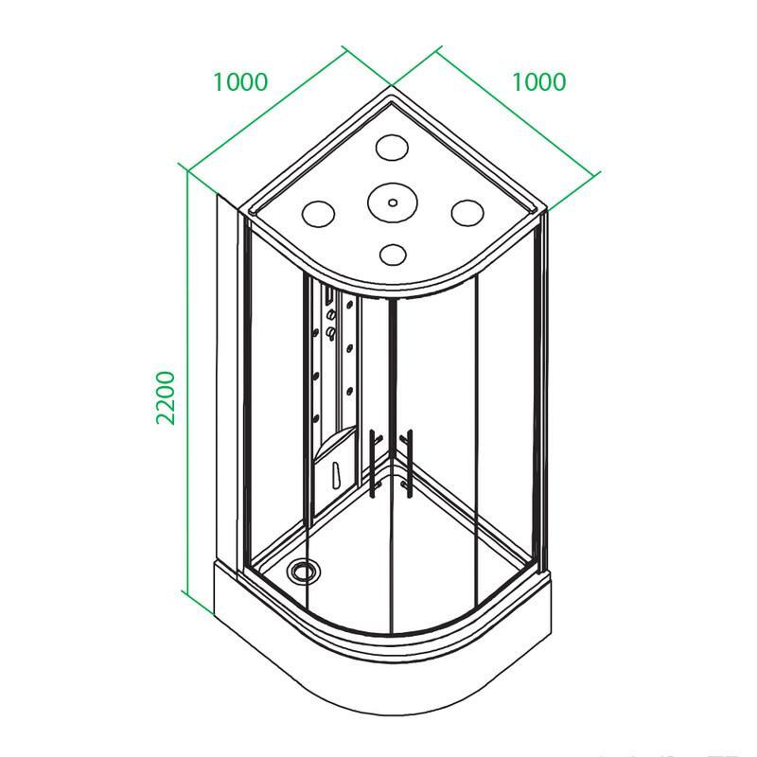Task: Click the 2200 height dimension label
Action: click(165, 397)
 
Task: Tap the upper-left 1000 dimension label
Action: click(240, 82)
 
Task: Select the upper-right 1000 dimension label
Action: click(538, 82)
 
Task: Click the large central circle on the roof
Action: click(392, 202)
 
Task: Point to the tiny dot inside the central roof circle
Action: click(393, 202)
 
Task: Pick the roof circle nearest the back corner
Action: click(392, 147)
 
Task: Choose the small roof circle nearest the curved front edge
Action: click(393, 255)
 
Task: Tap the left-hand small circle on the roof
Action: click(318, 214)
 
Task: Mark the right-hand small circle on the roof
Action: click(467, 212)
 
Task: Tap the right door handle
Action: click(407, 463)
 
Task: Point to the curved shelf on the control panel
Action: click(336, 444)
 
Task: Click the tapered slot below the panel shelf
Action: click(337, 476)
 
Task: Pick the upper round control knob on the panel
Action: click(331, 315)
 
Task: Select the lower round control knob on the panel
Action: click(331, 332)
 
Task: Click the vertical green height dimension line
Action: click(186, 381)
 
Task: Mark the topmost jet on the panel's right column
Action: click(349, 304)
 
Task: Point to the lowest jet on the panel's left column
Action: click(316, 418)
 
